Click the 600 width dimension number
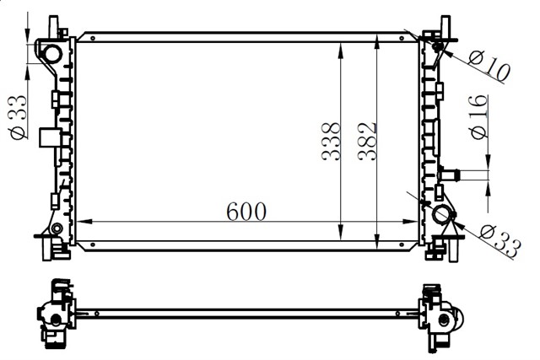(246, 212)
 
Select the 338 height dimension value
(331, 141)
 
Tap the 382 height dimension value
(367, 142)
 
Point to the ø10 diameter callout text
(489, 67)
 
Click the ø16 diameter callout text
(479, 117)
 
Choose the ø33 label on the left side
(19, 117)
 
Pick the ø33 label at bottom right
(499, 240)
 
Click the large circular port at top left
(52, 54)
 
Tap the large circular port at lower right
(442, 214)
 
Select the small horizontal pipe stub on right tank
(449, 175)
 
